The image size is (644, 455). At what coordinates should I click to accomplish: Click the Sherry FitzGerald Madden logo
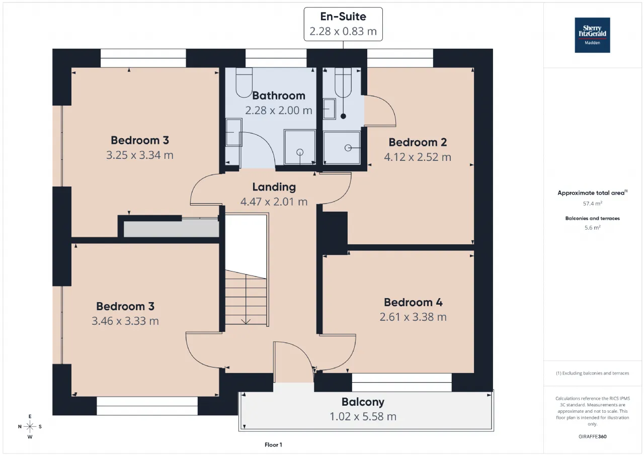592,35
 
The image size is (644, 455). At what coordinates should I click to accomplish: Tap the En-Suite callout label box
343,24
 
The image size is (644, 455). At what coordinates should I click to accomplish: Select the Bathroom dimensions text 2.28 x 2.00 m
279,110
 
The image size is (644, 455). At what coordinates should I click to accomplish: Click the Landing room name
274,187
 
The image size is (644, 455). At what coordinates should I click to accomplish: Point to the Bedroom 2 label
418,142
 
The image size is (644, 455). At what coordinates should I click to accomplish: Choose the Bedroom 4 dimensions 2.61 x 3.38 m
413,317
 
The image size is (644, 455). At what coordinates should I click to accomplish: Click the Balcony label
363,402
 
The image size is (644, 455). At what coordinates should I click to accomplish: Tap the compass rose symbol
30,426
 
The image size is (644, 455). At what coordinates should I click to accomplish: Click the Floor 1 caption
273,444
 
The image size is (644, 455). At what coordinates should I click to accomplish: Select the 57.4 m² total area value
593,204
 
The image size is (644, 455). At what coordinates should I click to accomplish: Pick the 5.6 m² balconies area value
593,227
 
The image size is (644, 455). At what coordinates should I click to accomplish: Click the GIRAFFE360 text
593,436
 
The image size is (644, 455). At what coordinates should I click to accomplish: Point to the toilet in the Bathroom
244,82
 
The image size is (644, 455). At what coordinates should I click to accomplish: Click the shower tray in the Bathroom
299,147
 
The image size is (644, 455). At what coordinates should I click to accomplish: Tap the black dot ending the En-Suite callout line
343,116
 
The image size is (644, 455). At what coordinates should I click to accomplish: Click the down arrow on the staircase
246,322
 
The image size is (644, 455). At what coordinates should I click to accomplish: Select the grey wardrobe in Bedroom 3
172,228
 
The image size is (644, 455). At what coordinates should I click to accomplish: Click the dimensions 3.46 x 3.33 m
125,321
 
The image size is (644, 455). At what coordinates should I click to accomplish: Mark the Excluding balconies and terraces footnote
593,373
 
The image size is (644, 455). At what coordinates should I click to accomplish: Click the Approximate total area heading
593,193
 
